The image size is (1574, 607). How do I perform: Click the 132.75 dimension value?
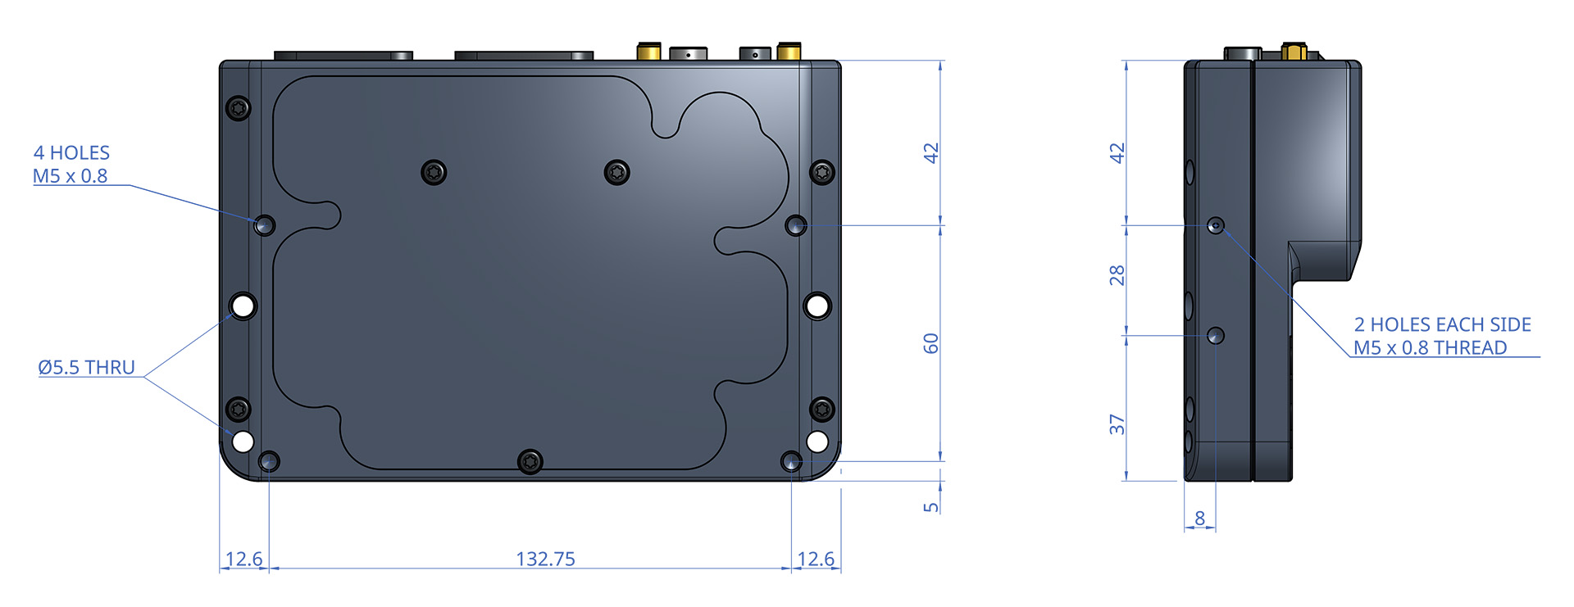545,559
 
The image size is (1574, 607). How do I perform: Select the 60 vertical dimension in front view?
930,343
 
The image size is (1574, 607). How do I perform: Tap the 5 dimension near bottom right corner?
930,507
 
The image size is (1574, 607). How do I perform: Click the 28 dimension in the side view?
1117,275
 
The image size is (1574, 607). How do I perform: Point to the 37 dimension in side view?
1117,424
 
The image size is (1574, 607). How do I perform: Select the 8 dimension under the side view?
1199,518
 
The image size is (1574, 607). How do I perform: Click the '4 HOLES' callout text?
71,152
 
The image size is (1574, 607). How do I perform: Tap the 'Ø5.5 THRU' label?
86,367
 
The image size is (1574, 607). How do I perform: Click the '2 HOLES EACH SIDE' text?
1442,324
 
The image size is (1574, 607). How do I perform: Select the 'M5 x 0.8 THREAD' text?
1430,347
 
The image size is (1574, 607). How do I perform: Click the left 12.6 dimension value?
243,559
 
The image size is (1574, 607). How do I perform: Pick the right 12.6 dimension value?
816,559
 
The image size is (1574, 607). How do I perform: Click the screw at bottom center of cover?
530,461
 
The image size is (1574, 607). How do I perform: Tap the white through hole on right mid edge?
817,306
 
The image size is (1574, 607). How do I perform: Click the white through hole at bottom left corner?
243,442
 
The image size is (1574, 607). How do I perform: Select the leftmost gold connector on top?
648,51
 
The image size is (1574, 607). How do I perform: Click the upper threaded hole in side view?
1217,225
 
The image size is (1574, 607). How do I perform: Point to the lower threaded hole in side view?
1216,335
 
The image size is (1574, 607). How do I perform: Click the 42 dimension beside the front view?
930,153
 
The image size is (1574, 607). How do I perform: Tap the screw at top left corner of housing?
239,108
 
